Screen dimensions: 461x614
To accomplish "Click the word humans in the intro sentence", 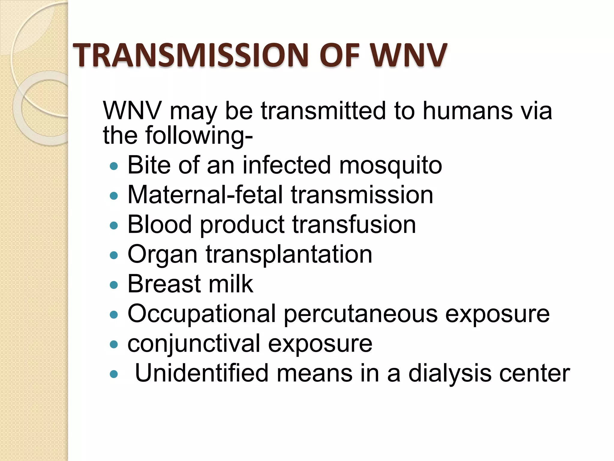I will point(467,111).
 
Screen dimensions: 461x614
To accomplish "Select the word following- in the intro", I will point(199,136).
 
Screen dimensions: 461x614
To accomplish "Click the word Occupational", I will point(201,314).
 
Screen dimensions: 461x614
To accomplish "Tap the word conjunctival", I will point(194,344).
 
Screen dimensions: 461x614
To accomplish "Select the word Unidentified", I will point(201,373).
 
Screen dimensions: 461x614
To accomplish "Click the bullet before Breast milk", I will point(114,285).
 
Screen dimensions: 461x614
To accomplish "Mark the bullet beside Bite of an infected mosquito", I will point(114,166).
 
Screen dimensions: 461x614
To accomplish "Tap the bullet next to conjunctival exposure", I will point(114,344).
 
